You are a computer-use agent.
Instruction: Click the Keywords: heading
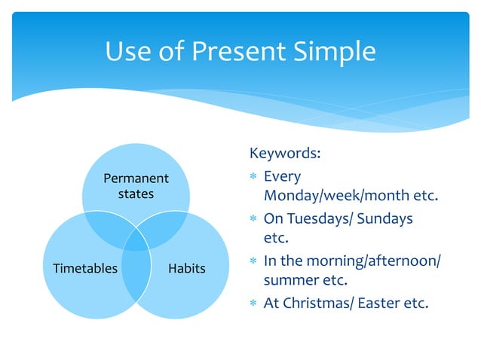284,154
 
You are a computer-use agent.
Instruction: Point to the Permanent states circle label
136,186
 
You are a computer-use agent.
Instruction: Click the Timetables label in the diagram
85,268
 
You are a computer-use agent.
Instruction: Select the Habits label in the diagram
187,268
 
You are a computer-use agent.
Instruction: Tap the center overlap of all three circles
136,241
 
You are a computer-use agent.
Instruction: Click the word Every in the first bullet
282,176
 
